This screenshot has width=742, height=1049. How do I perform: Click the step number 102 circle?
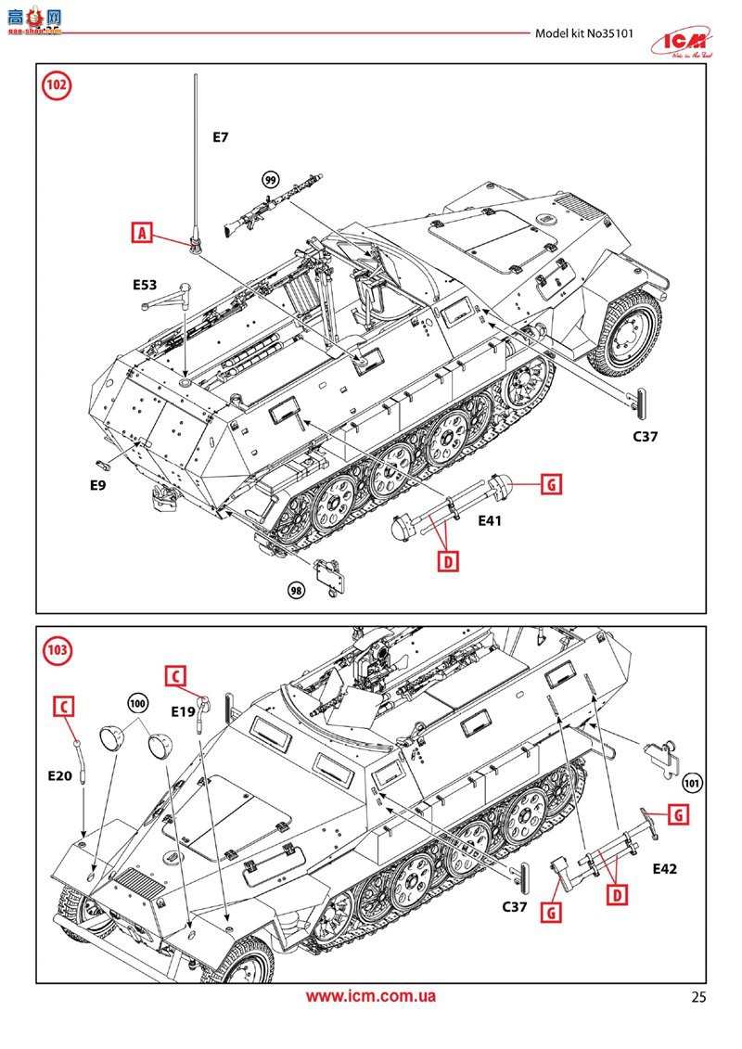(x=58, y=86)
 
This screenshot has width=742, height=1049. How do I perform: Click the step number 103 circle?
(x=58, y=648)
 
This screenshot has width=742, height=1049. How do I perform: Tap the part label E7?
(x=220, y=137)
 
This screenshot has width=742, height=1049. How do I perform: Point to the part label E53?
(x=145, y=285)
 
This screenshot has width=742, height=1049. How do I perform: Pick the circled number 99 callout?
(x=271, y=180)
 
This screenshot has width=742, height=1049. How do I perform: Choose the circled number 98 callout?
(x=296, y=591)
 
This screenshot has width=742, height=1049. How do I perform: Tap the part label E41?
(x=490, y=521)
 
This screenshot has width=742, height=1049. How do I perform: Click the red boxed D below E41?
(x=448, y=560)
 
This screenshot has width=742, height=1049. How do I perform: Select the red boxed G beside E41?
(x=550, y=483)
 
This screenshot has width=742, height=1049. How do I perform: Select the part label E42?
(x=664, y=869)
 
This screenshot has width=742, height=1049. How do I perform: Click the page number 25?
(x=698, y=998)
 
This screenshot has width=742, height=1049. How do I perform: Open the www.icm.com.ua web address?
(x=371, y=997)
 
